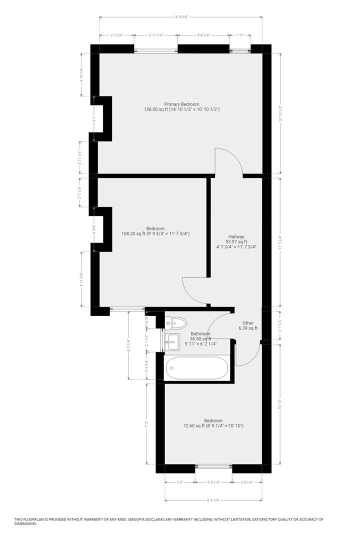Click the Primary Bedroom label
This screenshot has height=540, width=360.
coord(182,104)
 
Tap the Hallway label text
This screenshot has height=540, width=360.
coord(236,236)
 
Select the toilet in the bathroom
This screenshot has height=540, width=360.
coord(176,323)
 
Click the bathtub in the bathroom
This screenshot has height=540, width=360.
coord(196,369)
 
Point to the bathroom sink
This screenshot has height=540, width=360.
coord(173,343)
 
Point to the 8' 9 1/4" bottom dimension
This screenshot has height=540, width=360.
coord(213,499)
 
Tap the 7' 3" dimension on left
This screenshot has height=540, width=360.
coord(147,423)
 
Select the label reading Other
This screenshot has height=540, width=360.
coord(249,323)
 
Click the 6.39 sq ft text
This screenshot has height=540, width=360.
coord(249,328)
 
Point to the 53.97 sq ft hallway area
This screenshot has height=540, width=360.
coord(236,242)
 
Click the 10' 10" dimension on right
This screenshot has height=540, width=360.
coord(280,404)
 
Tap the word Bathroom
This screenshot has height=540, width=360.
coord(200,333)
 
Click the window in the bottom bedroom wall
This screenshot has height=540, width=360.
coord(213,468)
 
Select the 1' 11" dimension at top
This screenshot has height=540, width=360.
coord(240,35)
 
